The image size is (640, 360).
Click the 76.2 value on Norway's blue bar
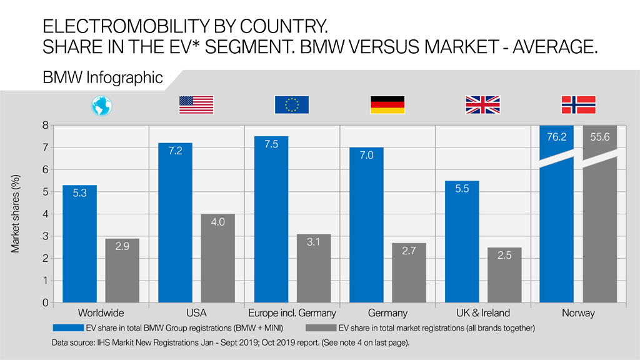(x=556, y=137)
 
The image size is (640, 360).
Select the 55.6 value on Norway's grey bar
(x=599, y=137)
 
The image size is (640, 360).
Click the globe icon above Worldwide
(x=101, y=105)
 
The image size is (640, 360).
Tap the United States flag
(x=196, y=105)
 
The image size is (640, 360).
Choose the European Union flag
(x=292, y=105)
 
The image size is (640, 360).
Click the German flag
(x=387, y=105)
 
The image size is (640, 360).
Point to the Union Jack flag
(x=482, y=105)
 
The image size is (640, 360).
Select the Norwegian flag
(x=578, y=105)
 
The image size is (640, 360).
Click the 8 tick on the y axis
(x=45, y=125)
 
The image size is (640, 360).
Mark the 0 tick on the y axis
(x=45, y=302)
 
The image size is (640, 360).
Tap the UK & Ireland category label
(x=483, y=313)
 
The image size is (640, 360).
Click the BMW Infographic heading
(x=103, y=78)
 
